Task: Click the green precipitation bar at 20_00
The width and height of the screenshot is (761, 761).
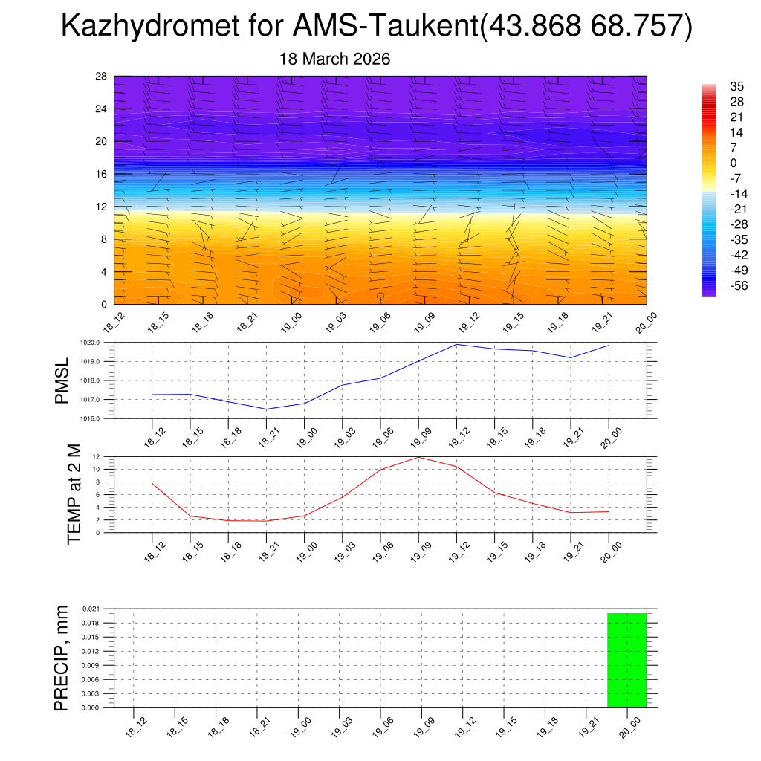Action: tap(626, 660)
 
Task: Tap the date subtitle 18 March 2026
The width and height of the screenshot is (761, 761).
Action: tap(334, 59)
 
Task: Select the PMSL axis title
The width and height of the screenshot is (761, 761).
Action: tap(62, 380)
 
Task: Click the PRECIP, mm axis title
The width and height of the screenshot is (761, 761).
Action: tap(62, 658)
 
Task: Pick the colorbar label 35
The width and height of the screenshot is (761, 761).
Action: tap(716, 86)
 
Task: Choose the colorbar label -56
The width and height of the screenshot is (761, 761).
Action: tap(719, 285)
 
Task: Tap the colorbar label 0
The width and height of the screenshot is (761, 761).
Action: tap(713, 163)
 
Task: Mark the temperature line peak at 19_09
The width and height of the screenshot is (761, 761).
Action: tap(418, 457)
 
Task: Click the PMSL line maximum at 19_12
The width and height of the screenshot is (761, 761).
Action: tap(456, 344)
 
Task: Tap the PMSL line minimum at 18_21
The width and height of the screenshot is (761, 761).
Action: tap(266, 409)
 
